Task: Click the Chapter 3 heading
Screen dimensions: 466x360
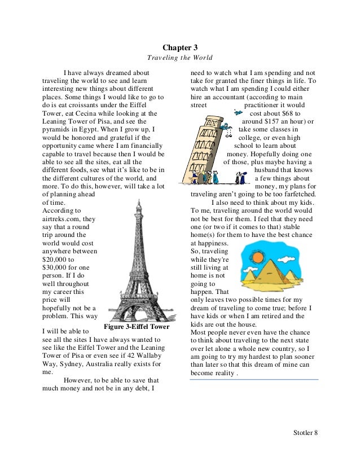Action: (x=180, y=49)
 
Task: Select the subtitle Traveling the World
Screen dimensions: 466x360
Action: (x=179, y=58)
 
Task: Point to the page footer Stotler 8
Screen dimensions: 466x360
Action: (x=305, y=433)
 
